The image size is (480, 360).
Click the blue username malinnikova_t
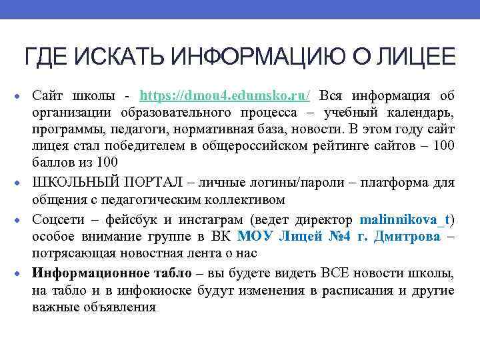(x=405, y=219)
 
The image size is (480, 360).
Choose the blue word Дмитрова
(x=407, y=237)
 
